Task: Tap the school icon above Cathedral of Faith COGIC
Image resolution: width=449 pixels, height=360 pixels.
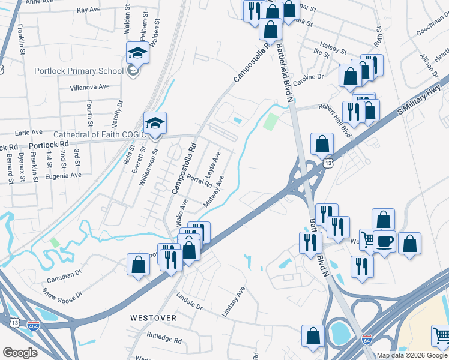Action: coord(155,124)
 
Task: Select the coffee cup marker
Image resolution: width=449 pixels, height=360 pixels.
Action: coord(385,241)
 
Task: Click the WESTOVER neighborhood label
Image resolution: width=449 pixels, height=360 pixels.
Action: coord(154,317)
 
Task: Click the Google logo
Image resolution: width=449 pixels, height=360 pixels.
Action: coord(20,353)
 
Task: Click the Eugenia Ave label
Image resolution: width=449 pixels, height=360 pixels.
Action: coord(65,176)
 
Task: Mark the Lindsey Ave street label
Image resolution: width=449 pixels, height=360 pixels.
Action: coord(233,302)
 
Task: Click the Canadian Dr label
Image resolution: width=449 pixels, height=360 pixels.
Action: coord(66,275)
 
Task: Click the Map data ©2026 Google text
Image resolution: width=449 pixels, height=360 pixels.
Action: coord(411,355)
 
